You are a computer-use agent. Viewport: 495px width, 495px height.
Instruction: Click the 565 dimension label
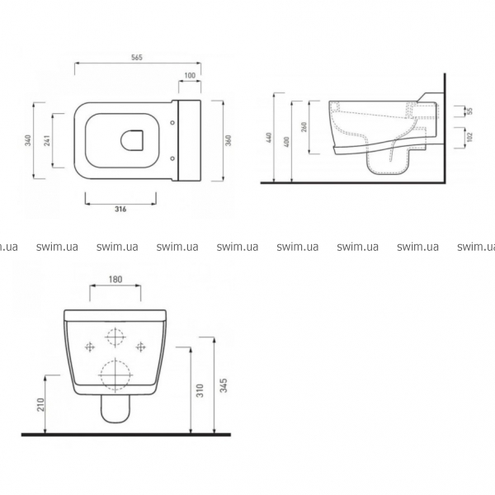click(x=137, y=58)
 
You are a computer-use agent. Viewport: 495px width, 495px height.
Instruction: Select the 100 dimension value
click(x=190, y=75)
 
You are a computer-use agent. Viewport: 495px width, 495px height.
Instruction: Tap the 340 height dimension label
click(x=28, y=140)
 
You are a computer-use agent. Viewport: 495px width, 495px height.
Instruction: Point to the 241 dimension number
click(x=47, y=140)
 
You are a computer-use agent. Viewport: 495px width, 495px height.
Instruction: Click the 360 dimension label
click(x=229, y=140)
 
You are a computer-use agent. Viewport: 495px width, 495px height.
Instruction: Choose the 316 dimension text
click(x=120, y=209)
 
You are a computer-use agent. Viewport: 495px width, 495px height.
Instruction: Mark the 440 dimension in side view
click(x=269, y=138)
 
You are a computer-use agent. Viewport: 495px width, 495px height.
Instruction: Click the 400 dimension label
click(x=286, y=142)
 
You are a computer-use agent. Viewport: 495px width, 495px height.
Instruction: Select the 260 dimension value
click(x=304, y=127)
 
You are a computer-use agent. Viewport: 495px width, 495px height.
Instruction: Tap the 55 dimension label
click(x=470, y=111)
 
